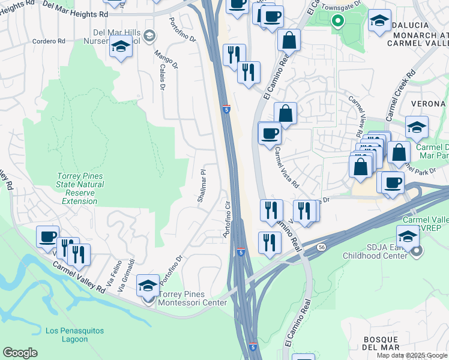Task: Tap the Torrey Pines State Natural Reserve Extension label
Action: (80, 188)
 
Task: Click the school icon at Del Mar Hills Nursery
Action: (121, 46)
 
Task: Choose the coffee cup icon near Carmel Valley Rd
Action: (47, 236)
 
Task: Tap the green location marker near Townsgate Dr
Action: (337, 21)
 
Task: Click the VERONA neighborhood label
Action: (427, 104)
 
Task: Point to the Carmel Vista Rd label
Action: (286, 169)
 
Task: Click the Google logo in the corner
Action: (20, 353)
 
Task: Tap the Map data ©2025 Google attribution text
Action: (412, 355)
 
